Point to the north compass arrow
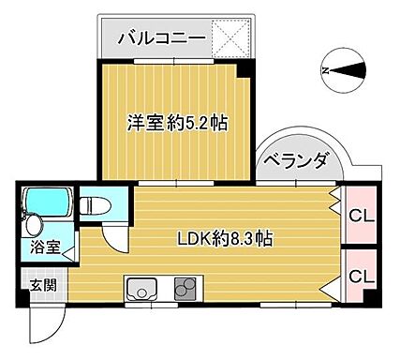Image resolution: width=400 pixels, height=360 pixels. click(x=340, y=69)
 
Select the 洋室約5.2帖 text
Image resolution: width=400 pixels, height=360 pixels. click(x=177, y=122)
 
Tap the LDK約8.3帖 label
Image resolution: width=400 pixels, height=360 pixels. click(x=226, y=238)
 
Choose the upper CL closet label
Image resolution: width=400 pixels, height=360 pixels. click(x=359, y=217)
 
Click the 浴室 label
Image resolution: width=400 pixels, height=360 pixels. click(x=43, y=248)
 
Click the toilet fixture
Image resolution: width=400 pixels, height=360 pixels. click(x=93, y=203)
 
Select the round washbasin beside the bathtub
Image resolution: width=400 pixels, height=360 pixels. click(x=35, y=225)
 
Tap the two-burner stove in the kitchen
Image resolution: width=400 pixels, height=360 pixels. click(x=185, y=287)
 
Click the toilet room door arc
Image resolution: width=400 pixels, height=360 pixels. click(x=114, y=234)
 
